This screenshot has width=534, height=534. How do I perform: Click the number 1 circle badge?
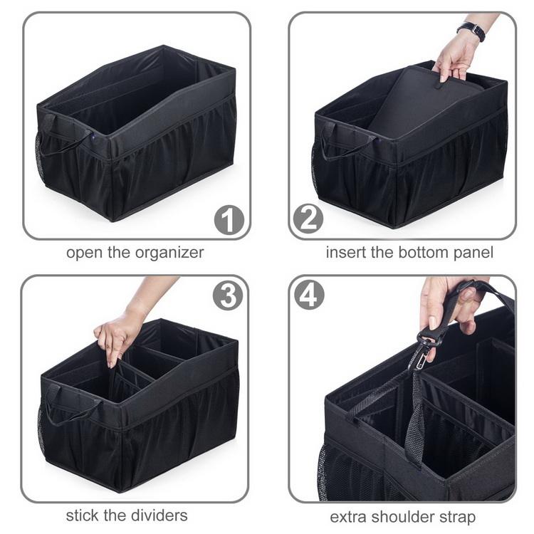[229, 220]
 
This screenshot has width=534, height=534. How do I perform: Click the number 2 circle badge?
[308, 219]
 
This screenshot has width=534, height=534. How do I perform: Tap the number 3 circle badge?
[228, 295]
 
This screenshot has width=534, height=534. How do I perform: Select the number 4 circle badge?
[309, 295]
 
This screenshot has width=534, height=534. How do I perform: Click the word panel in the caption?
[473, 253]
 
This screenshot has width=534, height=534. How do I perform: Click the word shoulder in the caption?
[402, 517]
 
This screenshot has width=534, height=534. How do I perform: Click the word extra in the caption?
[348, 517]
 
